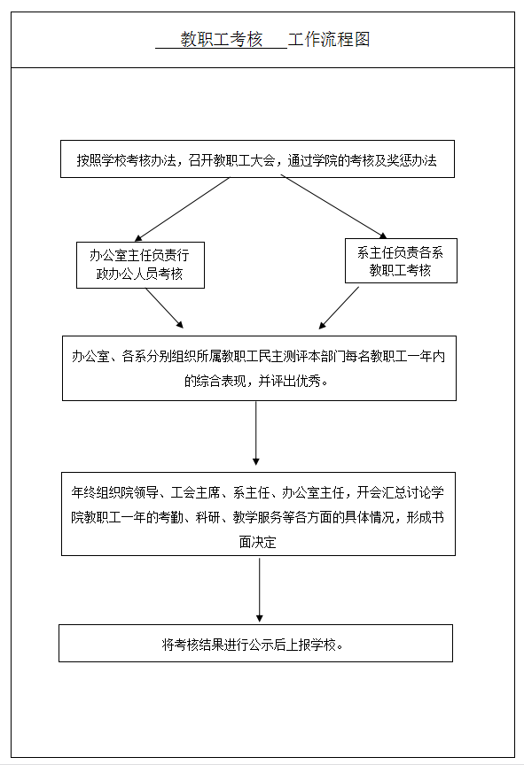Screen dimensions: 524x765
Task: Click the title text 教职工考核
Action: (x=222, y=39)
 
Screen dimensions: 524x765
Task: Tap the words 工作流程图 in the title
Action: (x=329, y=39)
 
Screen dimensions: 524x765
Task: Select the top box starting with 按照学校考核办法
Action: (x=257, y=159)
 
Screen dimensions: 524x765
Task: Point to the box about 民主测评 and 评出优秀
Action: (x=259, y=368)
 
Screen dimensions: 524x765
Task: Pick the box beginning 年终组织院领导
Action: (x=258, y=514)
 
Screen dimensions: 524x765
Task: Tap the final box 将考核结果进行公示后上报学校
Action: (x=256, y=643)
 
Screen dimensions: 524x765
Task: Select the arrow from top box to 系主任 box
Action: (x=334, y=207)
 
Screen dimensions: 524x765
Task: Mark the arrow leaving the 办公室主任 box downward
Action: (x=165, y=308)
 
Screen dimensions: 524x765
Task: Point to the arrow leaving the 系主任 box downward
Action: (x=339, y=308)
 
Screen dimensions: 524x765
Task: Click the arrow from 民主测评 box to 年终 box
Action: (x=256, y=433)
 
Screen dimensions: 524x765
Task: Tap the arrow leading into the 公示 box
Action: (x=259, y=590)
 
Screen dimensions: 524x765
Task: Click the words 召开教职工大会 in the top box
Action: (x=232, y=160)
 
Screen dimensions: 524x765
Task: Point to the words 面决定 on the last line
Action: (x=257, y=542)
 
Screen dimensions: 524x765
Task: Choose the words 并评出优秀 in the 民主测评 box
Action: (x=289, y=381)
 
